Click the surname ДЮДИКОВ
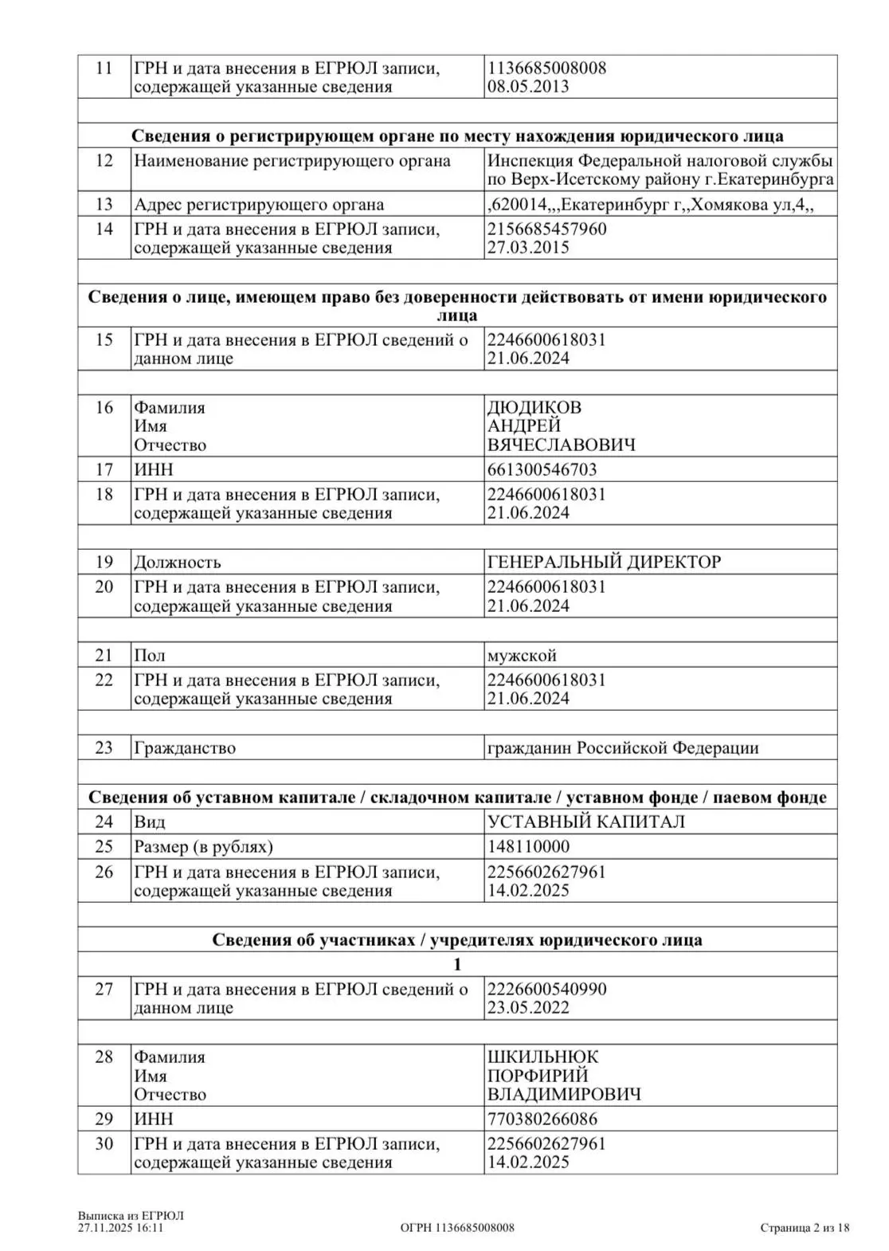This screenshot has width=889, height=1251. tap(535, 407)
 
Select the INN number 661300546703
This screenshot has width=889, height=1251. tap(542, 469)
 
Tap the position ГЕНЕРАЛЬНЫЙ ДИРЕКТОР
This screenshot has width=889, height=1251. tap(604, 562)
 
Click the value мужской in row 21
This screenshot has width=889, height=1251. tap(522, 656)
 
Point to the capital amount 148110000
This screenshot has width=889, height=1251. tap(528, 846)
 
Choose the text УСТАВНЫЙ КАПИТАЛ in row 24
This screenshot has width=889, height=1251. tap(585, 822)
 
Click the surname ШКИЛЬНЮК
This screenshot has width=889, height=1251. tap(542, 1057)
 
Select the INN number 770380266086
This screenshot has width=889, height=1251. tap(542, 1119)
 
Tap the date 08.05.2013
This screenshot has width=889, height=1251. tap(528, 87)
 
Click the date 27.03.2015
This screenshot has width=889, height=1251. tap(528, 248)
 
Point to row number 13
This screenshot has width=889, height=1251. tap(104, 204)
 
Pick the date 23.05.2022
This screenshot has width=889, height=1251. tap(528, 1008)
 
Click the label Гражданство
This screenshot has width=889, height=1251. tap(185, 748)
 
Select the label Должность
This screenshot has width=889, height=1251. tap(178, 562)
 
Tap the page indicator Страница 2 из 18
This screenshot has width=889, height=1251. tap(805, 1228)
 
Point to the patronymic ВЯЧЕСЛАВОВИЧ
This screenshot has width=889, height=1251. tap(562, 445)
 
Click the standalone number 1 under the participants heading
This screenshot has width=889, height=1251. tap(457, 964)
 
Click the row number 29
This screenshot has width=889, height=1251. tap(104, 1119)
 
